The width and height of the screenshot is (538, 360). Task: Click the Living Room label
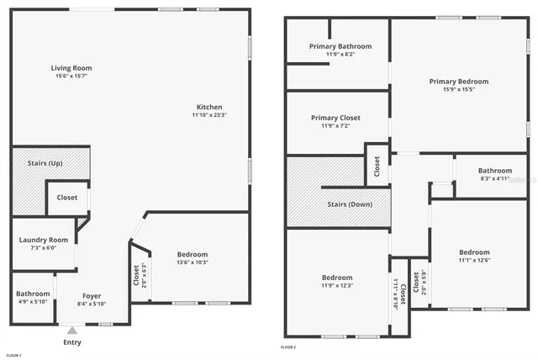(71, 68)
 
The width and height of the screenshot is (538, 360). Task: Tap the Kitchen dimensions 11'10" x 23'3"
(209, 115)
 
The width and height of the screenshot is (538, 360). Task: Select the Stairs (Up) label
(45, 162)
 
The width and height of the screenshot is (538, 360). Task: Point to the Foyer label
(92, 295)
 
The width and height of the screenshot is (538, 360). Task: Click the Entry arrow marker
(72, 331)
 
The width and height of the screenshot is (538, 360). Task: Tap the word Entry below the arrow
(73, 343)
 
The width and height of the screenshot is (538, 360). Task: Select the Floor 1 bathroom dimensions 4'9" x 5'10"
(33, 302)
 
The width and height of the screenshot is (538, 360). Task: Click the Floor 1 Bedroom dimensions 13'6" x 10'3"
(192, 262)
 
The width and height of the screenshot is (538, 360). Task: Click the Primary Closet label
(335, 118)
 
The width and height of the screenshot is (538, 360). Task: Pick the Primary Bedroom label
(458, 82)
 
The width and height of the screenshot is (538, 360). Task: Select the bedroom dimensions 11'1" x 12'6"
(474, 261)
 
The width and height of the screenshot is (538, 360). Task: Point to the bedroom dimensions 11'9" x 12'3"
(337, 285)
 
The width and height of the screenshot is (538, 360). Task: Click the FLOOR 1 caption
(14, 356)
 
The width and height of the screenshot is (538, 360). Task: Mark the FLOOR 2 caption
(288, 347)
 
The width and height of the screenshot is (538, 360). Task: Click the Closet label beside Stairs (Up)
(67, 198)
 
